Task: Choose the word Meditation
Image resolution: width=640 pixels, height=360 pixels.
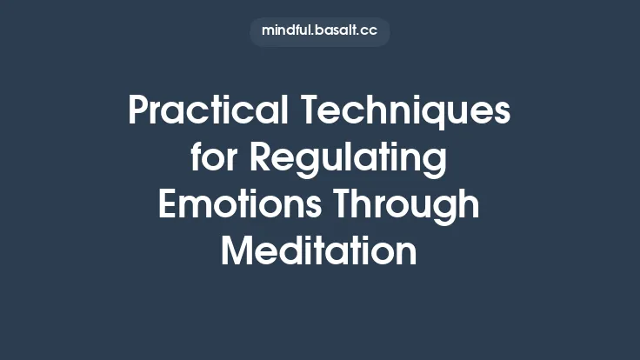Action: pyautogui.click(x=319, y=251)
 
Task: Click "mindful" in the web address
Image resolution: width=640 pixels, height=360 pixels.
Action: pyautogui.click(x=285, y=31)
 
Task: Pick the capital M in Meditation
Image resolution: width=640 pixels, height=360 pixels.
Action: pyautogui.click(x=238, y=251)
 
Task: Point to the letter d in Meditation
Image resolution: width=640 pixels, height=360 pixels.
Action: pyautogui.click(x=289, y=251)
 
